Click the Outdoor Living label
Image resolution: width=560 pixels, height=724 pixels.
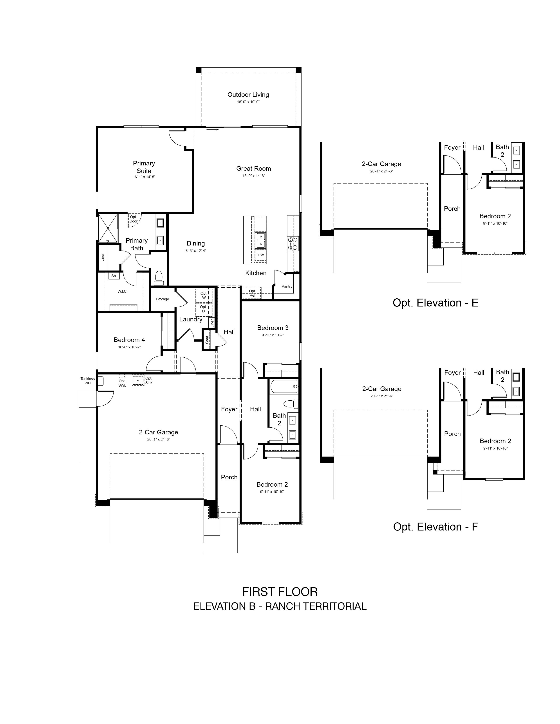click(248, 95)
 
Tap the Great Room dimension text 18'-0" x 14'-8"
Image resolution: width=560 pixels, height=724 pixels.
click(253, 176)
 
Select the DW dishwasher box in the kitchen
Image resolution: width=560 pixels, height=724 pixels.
click(261, 255)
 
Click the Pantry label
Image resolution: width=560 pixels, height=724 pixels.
click(287, 286)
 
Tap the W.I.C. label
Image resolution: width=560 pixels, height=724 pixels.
click(122, 291)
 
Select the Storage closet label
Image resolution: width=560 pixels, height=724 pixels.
click(163, 299)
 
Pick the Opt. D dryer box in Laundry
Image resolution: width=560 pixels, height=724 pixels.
click(204, 309)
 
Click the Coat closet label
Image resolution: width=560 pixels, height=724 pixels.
click(207, 339)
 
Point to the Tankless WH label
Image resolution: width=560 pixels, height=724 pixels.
click(88, 381)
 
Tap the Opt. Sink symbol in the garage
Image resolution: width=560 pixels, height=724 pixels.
click(138, 380)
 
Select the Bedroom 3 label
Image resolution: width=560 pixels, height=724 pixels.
click(273, 328)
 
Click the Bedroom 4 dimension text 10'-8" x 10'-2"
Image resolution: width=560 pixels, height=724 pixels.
click(129, 347)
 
